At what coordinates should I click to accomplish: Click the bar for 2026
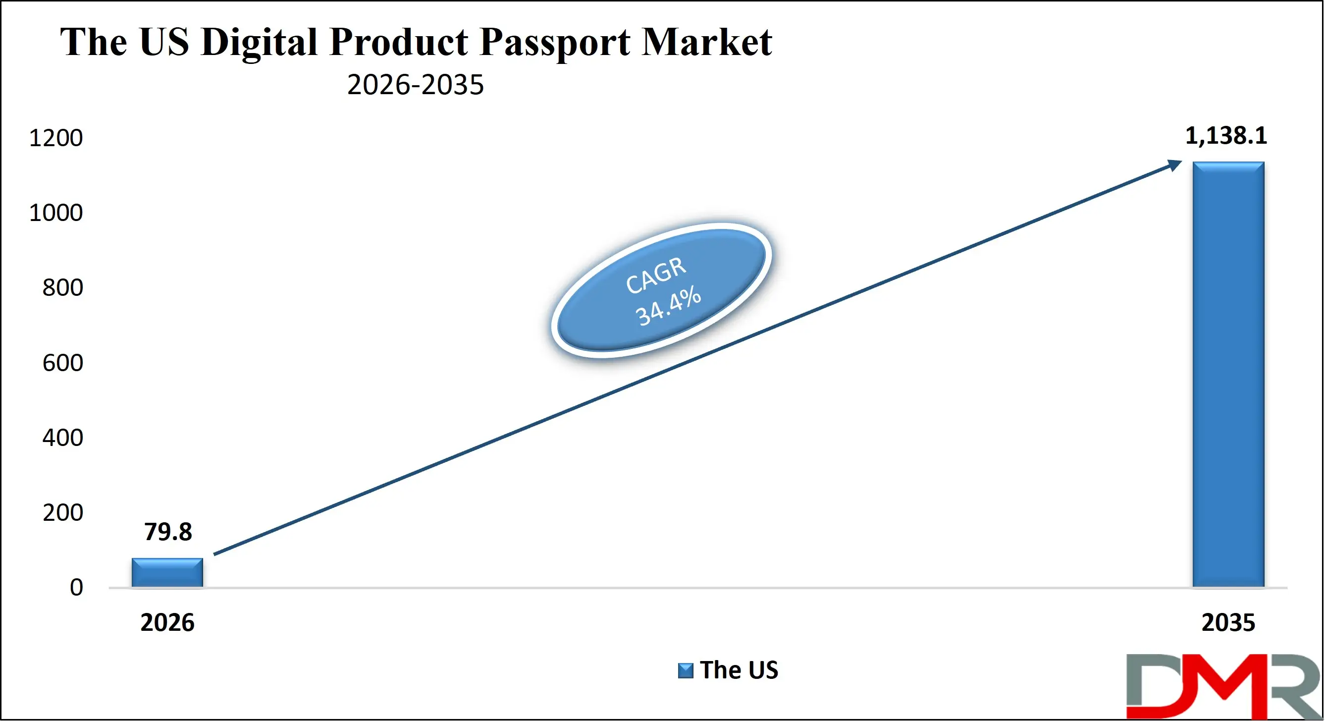coord(167,572)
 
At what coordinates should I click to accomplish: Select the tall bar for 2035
coord(1228,374)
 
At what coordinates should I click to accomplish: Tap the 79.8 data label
coord(168,532)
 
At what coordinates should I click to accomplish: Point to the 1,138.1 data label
coord(1226,136)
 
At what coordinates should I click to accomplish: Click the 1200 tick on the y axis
coord(55,138)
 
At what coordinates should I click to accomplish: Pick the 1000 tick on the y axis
coord(55,213)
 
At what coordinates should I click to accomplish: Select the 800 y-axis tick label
coord(62,288)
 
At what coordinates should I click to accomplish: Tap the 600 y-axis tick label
coord(62,363)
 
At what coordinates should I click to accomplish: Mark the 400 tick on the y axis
coord(62,438)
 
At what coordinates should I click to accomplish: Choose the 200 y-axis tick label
coord(62,512)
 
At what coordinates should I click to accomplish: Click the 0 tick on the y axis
coord(76,587)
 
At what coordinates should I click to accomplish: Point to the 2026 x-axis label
coord(167,623)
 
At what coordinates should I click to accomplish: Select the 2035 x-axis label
coord(1228,623)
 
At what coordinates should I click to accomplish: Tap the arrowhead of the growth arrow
coord(1175,165)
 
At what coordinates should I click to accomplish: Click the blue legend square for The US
coord(685,670)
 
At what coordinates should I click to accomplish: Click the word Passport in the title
coord(554,42)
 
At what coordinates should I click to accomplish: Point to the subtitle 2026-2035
coord(416,85)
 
